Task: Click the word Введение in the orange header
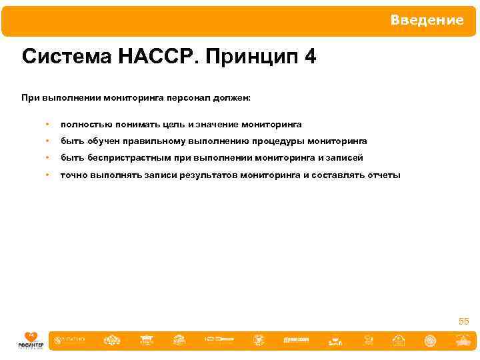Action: click(427, 20)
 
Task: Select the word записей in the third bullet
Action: click(345, 158)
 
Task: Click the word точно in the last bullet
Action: click(73, 175)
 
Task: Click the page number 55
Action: click(463, 321)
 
